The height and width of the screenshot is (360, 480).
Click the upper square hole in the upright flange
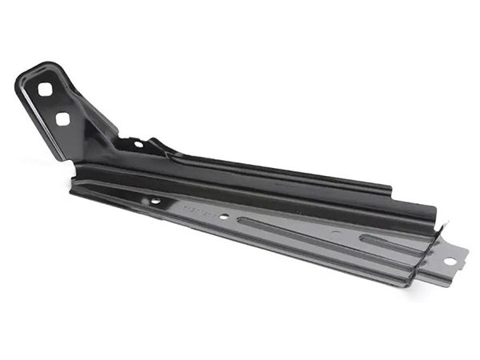46,90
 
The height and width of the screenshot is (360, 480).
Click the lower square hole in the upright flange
62,119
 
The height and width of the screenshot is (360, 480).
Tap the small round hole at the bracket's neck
138,145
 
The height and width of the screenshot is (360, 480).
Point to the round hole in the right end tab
450,262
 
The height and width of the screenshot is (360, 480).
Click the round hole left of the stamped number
155,201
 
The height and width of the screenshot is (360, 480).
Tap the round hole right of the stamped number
226,216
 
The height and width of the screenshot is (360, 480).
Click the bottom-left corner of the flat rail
74,190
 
